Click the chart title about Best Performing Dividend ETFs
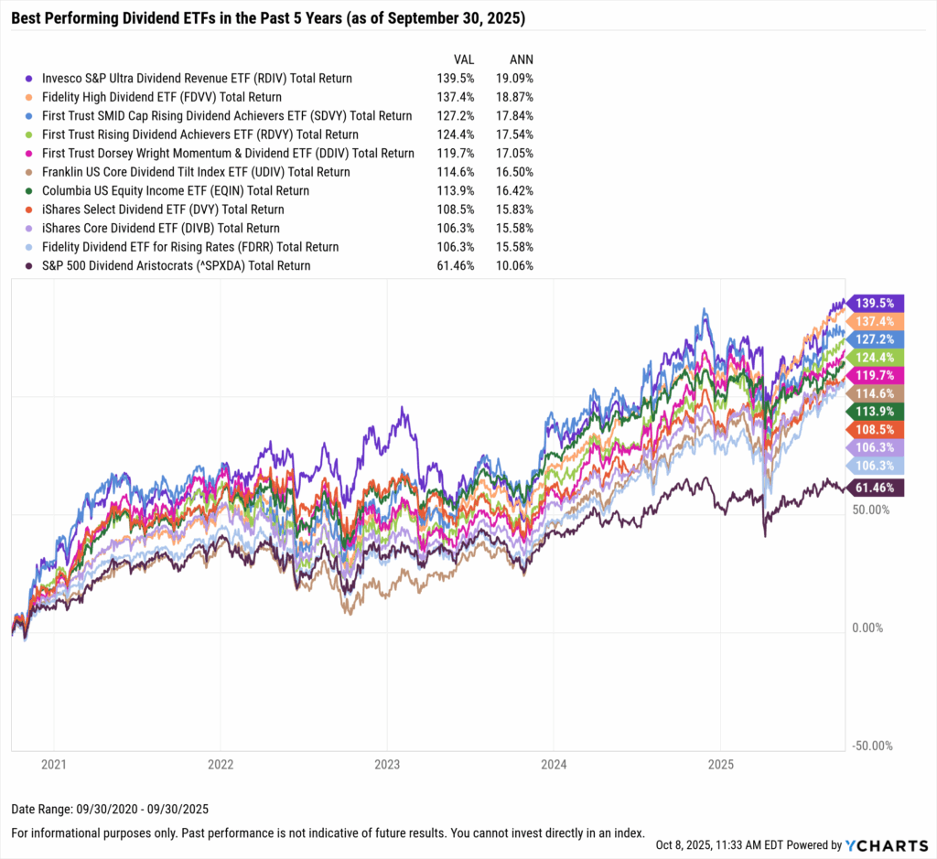(x=274, y=18)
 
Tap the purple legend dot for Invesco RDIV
(x=30, y=79)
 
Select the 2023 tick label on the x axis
(x=386, y=764)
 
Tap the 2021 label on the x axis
(x=54, y=764)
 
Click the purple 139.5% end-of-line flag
(x=877, y=303)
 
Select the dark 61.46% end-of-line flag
(x=877, y=488)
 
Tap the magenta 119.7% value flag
(x=877, y=374)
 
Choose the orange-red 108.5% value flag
(x=877, y=428)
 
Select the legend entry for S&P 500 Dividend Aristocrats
(x=174, y=265)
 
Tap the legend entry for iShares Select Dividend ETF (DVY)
(x=160, y=209)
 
